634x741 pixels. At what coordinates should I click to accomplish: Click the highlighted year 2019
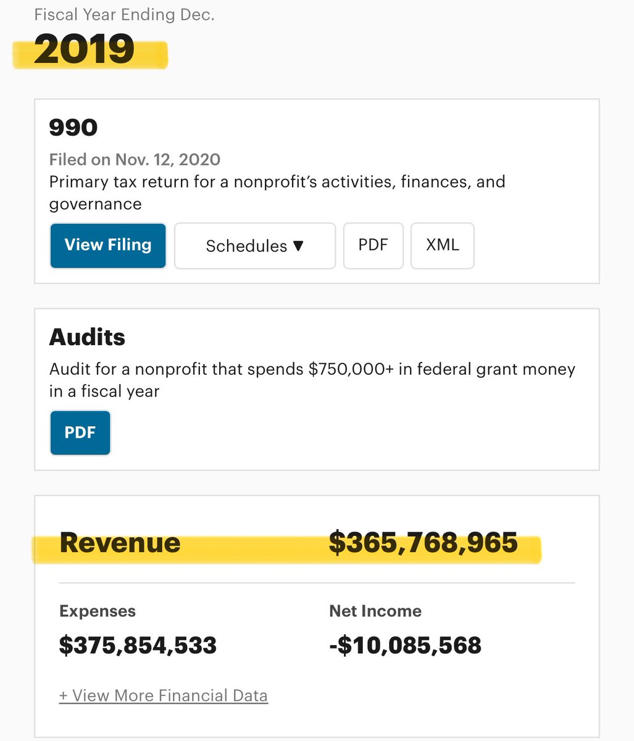click(84, 50)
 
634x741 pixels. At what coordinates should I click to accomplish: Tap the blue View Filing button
click(108, 245)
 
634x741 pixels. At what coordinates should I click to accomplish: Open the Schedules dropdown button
click(254, 246)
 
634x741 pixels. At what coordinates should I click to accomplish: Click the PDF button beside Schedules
click(373, 245)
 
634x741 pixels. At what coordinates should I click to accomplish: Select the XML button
click(442, 245)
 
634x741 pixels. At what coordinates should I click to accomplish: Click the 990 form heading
click(73, 128)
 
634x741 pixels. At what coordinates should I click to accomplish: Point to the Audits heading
click(87, 337)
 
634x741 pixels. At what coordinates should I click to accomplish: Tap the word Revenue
click(120, 543)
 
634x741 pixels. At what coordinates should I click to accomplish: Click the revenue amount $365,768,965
click(423, 543)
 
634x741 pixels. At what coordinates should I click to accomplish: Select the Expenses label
click(98, 611)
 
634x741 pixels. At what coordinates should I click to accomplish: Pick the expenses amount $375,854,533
click(138, 645)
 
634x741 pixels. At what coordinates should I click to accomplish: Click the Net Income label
click(375, 611)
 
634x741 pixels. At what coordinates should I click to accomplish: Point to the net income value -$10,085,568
click(405, 645)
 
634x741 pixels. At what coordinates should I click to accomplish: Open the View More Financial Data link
click(164, 696)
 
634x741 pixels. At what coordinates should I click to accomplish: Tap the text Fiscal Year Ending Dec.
click(124, 15)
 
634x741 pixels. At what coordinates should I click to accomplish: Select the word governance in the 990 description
click(95, 204)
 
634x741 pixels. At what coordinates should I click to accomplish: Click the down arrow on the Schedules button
click(299, 246)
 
